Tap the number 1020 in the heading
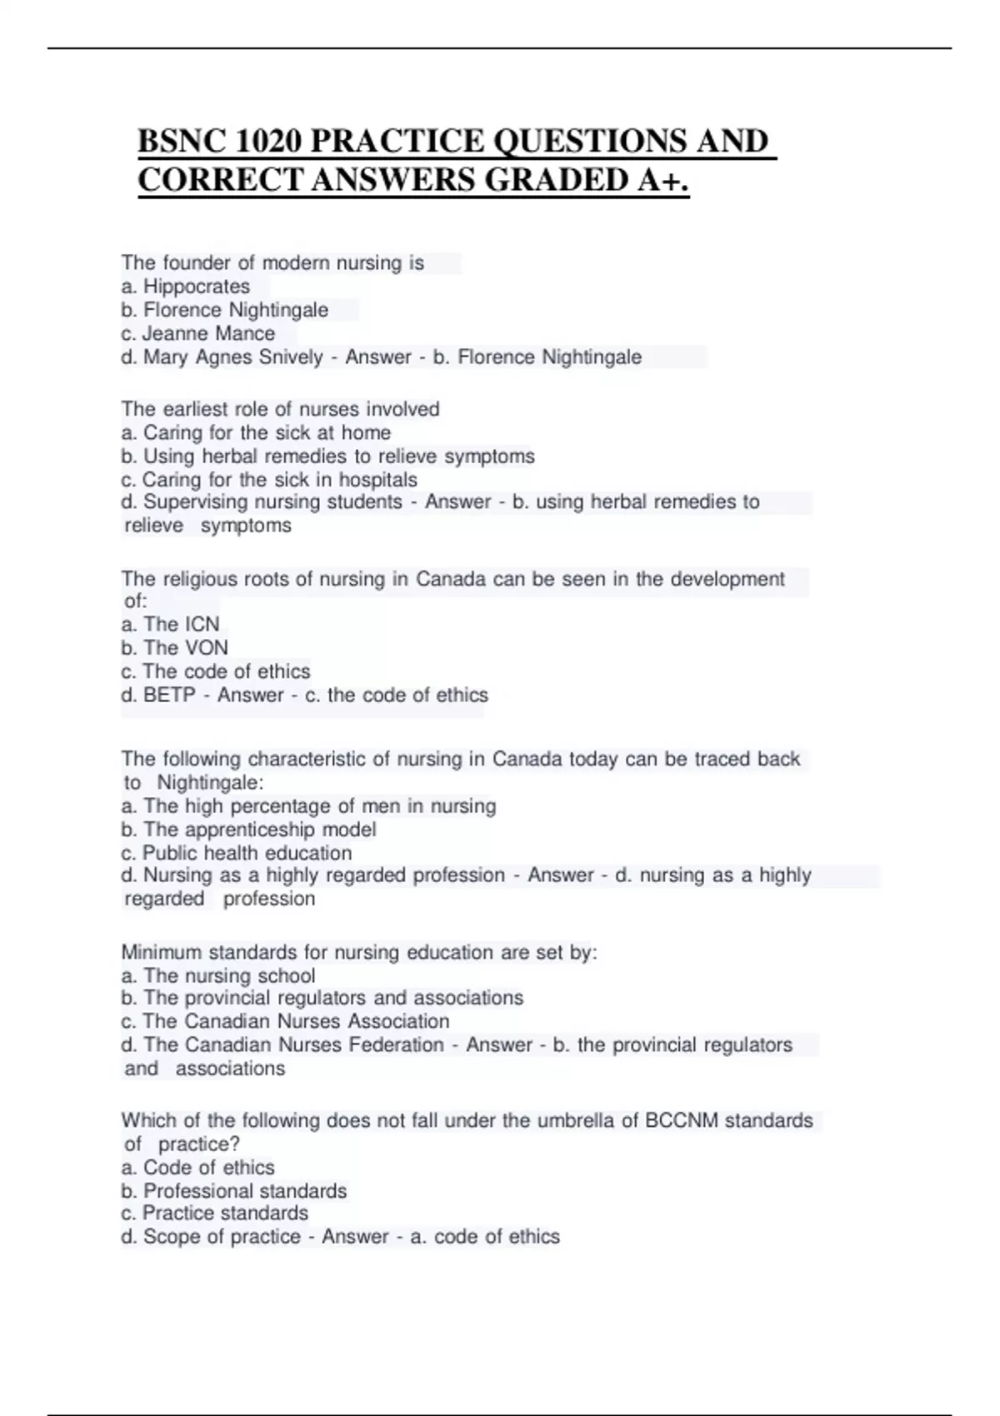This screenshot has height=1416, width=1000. [268, 141]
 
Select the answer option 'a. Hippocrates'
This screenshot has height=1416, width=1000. [185, 287]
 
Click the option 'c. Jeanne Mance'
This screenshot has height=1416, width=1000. [197, 334]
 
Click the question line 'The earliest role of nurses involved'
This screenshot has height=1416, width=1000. [280, 409]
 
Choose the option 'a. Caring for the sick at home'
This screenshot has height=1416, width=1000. [256, 433]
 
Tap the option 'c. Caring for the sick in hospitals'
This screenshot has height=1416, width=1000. [269, 480]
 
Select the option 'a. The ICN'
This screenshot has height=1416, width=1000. [170, 625]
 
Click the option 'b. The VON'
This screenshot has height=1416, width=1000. [174, 648]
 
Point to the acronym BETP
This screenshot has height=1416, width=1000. [169, 696]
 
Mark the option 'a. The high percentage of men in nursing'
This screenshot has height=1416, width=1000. [308, 806]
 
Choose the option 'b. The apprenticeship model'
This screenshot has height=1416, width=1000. [248, 830]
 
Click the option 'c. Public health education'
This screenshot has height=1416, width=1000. [236, 853]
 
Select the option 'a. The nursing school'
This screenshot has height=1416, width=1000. [217, 976]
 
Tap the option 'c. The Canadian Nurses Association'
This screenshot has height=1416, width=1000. [285, 1021]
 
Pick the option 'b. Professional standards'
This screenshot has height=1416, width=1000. [233, 1191]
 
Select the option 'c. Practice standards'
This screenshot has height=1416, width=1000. [214, 1214]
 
